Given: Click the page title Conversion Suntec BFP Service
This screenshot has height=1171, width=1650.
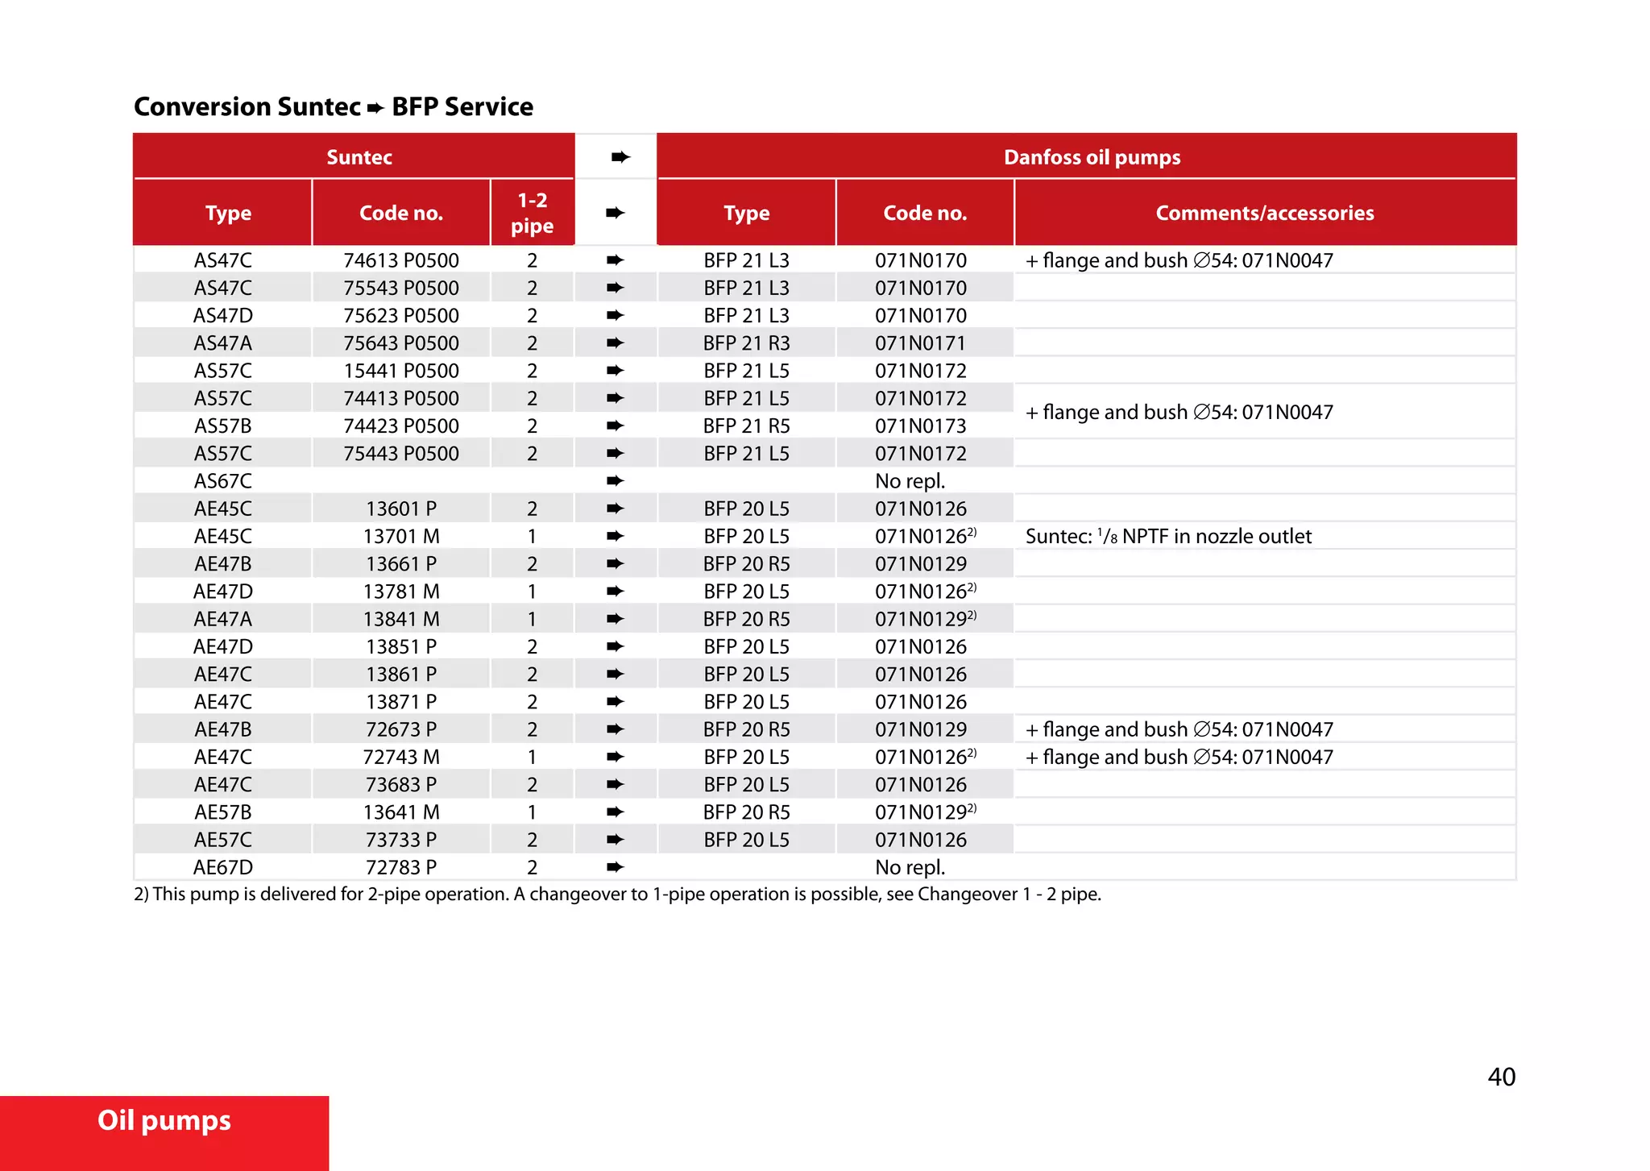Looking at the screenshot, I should pos(333,106).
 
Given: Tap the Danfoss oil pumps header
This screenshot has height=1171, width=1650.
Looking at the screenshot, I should pos(1092,157).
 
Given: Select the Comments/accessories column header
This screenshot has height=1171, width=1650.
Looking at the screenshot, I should pos(1264,213).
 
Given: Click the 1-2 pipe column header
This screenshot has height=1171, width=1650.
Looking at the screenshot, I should pos(532,213).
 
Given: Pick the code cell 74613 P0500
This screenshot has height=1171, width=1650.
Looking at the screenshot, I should pos(401,260).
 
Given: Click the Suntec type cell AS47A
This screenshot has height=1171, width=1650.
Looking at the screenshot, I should pos(223,343).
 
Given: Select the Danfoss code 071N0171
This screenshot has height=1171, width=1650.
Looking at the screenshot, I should pos(920,343).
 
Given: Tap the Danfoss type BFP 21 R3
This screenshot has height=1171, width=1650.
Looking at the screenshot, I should pos(746,343).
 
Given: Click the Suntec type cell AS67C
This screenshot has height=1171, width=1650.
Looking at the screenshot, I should pos(223,481).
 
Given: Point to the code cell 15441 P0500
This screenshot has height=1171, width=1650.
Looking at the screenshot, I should pos(401,371).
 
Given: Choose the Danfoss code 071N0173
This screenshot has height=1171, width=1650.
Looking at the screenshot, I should pos(920,426).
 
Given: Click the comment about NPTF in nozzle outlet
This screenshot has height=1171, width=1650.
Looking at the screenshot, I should pos(1168,536).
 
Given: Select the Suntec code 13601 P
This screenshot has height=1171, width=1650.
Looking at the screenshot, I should pos(401,509).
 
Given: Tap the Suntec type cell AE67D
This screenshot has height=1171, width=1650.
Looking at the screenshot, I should pos(223,867).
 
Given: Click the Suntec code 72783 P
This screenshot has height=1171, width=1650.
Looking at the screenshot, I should pos(401,867).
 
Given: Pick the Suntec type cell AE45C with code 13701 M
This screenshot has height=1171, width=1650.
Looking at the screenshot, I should pos(223,536).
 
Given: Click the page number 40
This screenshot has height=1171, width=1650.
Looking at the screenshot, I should pos(1501,1077).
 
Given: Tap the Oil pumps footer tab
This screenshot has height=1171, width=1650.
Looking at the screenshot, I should pos(164,1121).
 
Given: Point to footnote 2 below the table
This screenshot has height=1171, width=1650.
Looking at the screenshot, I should pos(617,894).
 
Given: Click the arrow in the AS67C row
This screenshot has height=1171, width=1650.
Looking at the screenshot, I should pos(616,481).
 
